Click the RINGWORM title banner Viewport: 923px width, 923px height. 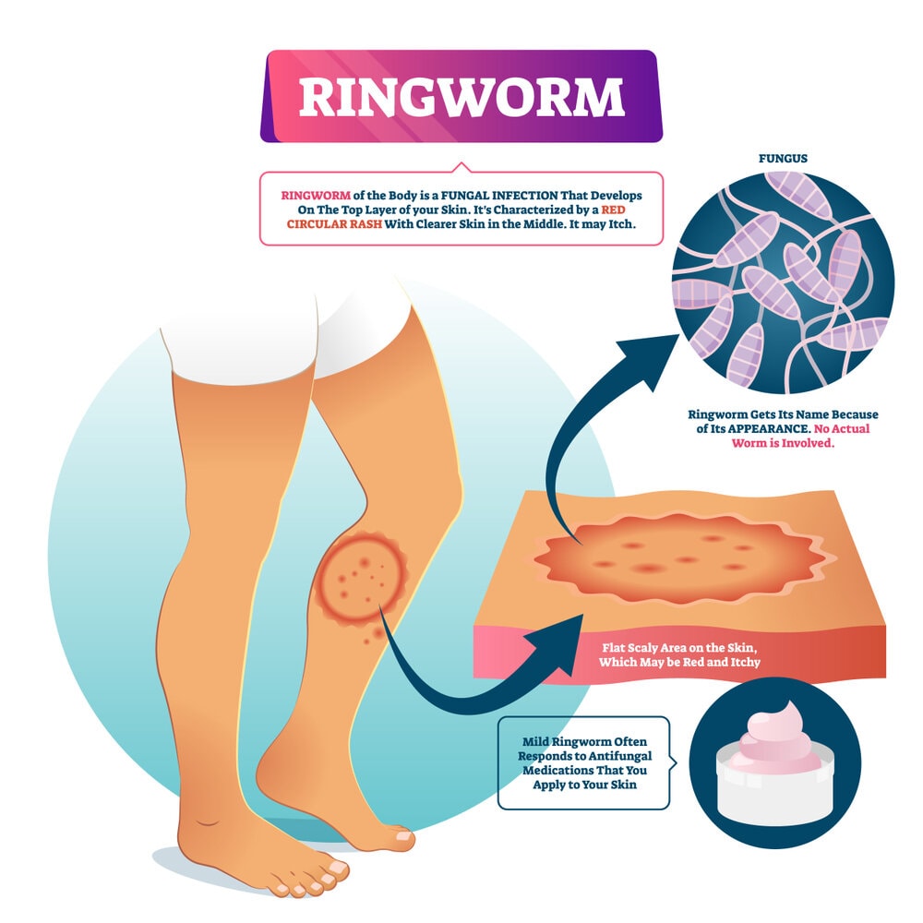461,96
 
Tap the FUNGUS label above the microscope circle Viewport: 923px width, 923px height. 783,159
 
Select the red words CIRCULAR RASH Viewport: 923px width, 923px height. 334,224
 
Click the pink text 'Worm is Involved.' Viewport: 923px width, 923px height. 783,443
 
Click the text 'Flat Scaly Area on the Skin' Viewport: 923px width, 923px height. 679,648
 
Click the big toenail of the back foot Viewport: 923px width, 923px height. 404,836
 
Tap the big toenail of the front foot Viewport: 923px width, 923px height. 338,867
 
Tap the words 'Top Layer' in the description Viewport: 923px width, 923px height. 369,210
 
